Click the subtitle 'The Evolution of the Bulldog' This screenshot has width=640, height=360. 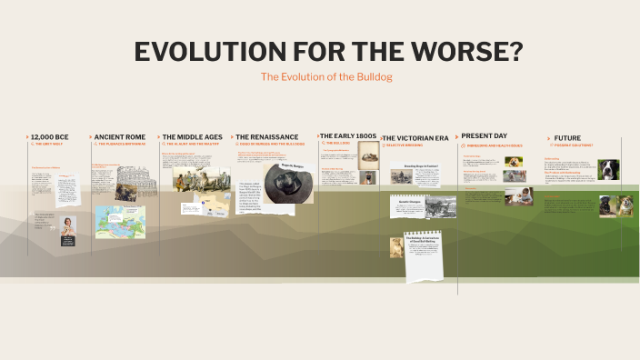325,77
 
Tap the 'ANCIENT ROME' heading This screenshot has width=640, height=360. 120,137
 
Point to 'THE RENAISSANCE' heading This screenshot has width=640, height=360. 266,137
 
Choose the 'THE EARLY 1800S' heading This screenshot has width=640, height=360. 347,135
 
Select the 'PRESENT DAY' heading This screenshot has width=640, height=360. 483,135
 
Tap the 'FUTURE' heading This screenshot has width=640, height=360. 567,138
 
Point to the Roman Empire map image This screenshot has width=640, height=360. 120,221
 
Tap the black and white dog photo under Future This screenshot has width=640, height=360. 608,169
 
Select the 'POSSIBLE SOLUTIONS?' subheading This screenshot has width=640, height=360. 573,145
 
